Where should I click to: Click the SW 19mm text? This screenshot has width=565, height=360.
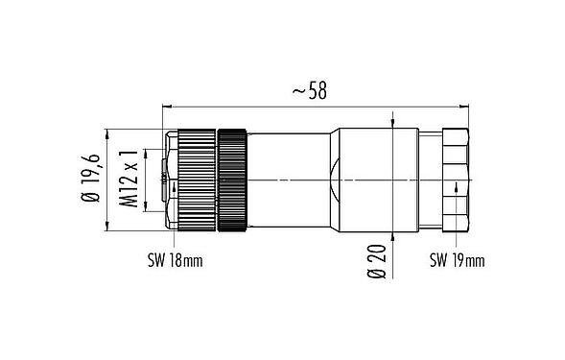pyautogui.click(x=456, y=260)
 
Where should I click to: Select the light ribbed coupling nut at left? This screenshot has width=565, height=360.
pyautogui.click(x=195, y=180)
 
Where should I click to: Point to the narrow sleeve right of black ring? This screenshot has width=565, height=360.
pyautogui.click(x=288, y=180)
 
